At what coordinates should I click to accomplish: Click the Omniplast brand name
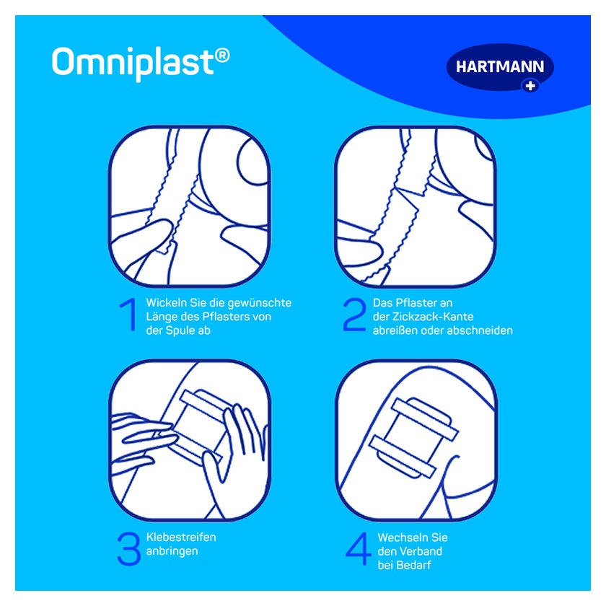pyautogui.click(x=133, y=63)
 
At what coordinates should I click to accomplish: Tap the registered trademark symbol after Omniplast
pyautogui.click(x=222, y=56)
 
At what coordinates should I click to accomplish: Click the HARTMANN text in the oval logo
pyautogui.click(x=500, y=66)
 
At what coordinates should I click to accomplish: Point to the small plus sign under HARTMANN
pyautogui.click(x=530, y=85)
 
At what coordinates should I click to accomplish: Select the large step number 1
pyautogui.click(x=129, y=315)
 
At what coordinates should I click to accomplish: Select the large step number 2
pyautogui.click(x=354, y=315)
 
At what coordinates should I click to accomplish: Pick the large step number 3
pyautogui.click(x=128, y=548)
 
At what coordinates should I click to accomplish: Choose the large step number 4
pyautogui.click(x=359, y=548)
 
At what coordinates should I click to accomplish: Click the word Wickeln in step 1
pyautogui.click(x=166, y=302)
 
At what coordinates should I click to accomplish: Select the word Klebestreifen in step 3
pyautogui.click(x=181, y=537)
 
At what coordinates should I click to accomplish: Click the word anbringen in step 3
pyautogui.click(x=172, y=551)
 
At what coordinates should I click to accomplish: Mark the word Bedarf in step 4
pyautogui.click(x=416, y=565)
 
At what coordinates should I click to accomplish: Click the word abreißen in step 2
pyautogui.click(x=395, y=330)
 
